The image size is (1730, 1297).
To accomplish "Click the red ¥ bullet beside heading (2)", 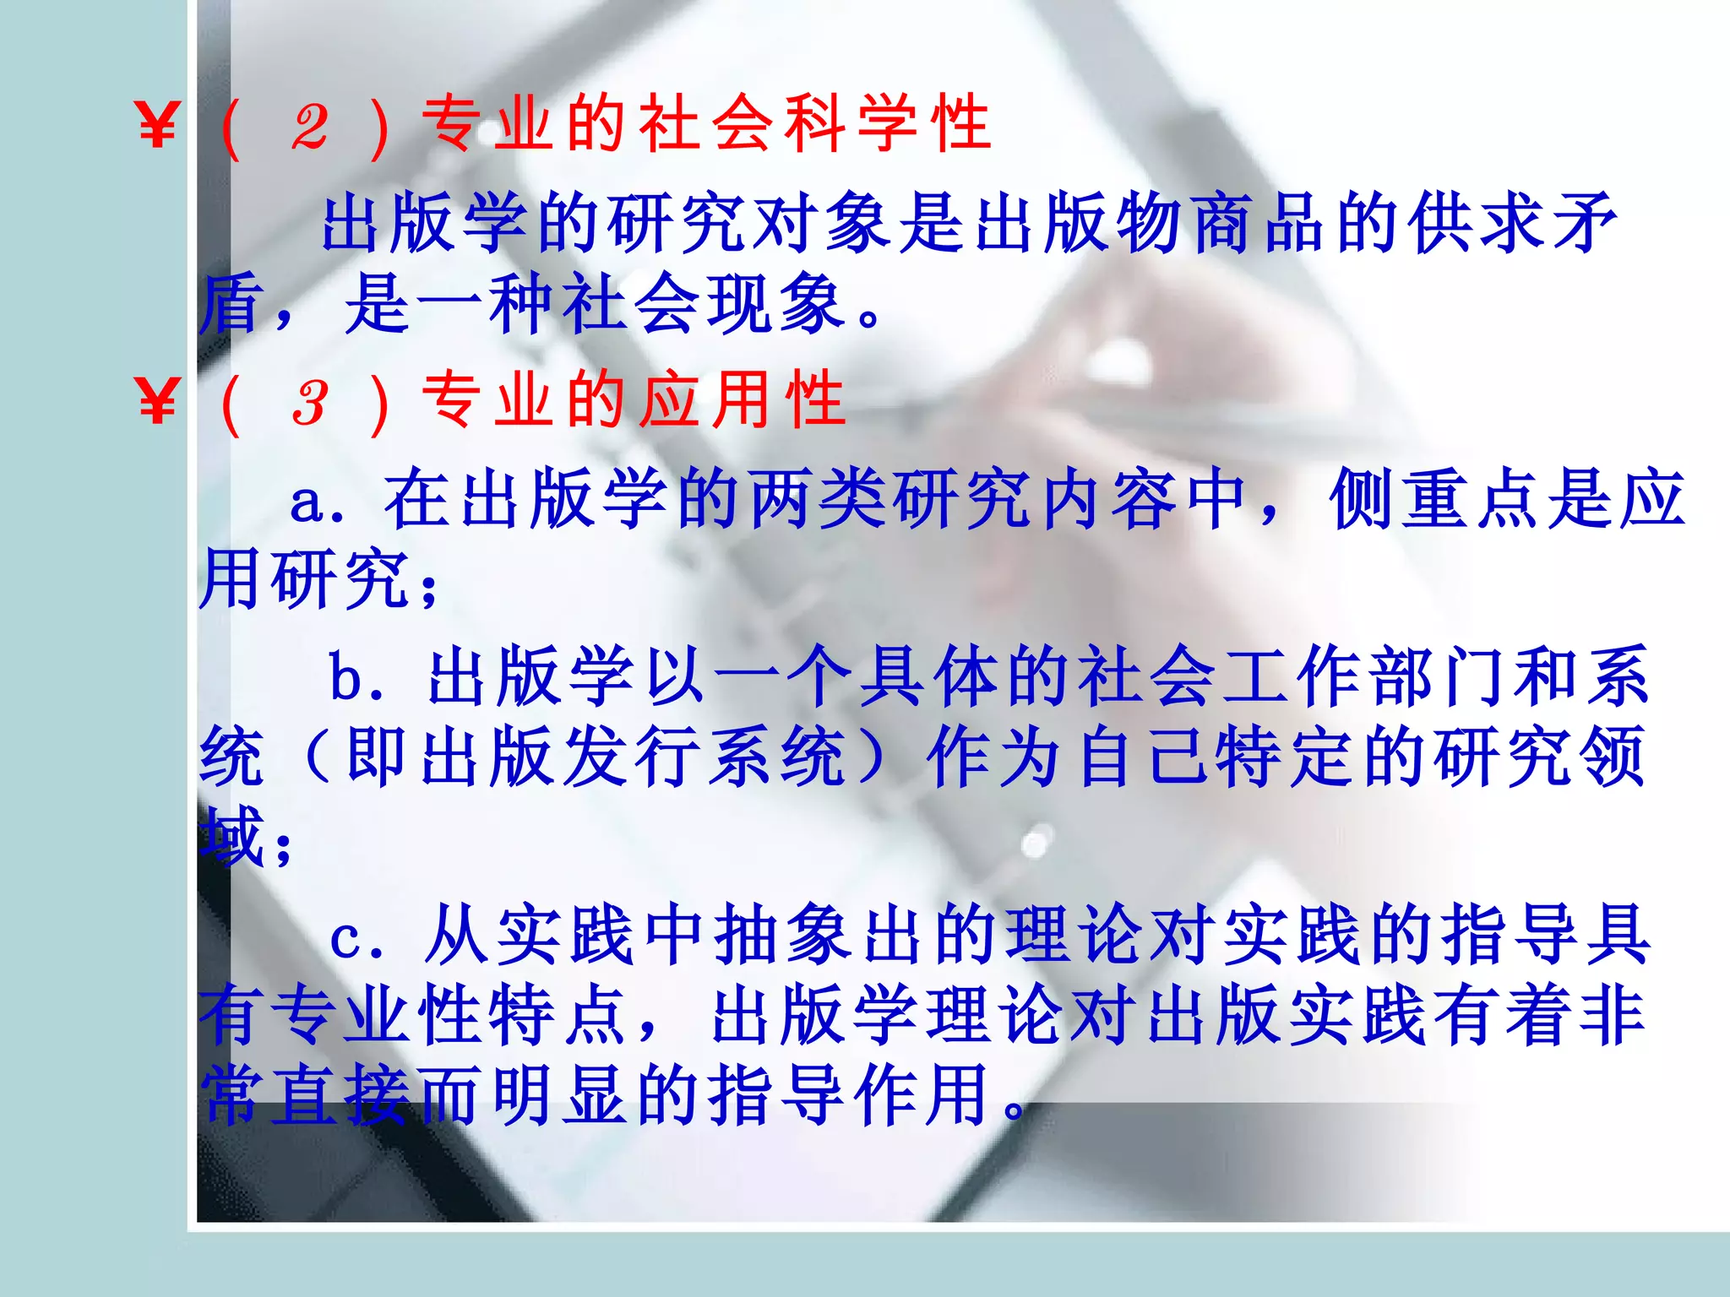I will coord(157,125).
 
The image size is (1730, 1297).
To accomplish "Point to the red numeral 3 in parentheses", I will coord(310,402).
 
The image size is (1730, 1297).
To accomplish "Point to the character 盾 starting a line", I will coord(230,304).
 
